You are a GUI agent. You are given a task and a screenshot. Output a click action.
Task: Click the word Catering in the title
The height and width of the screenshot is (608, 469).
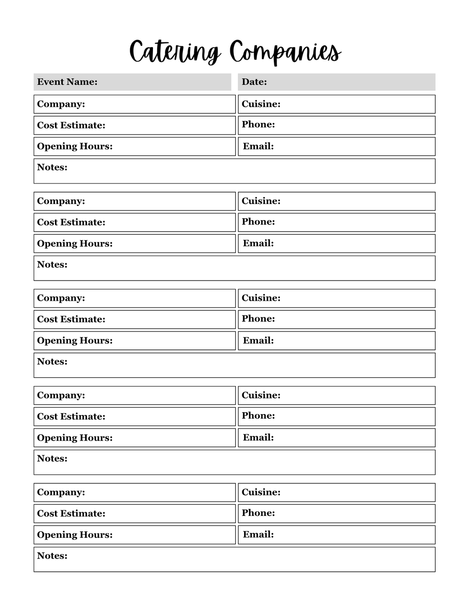click(175, 52)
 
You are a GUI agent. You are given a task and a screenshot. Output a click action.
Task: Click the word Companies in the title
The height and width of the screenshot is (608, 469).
click(285, 52)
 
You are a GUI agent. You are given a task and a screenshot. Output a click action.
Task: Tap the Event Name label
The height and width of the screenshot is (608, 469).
click(67, 82)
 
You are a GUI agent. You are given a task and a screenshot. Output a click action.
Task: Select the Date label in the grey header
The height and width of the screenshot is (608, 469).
click(254, 82)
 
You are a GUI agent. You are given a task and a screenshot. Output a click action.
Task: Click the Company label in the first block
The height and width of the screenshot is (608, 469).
click(61, 104)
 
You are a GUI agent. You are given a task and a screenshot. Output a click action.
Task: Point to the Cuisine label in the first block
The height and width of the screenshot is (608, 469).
click(261, 104)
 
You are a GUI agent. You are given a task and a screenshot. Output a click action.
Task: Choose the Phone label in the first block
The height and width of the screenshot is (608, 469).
click(258, 125)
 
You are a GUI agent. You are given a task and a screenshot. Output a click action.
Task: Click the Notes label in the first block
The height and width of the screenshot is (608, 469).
click(52, 167)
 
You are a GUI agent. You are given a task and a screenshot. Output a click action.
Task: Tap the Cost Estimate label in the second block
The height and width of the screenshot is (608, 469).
click(71, 222)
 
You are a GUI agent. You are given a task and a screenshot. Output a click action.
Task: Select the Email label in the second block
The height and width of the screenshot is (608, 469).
click(258, 243)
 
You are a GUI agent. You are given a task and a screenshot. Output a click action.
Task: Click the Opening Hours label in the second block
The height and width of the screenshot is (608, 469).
click(75, 243)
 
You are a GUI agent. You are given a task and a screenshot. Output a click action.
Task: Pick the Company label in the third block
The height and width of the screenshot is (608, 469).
click(61, 298)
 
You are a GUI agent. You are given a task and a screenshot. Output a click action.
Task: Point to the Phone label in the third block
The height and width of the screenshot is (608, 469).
click(258, 319)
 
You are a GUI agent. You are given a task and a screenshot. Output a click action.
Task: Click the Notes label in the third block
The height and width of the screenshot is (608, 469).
click(52, 362)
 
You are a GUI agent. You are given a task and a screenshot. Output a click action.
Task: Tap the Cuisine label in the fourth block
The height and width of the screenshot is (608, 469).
click(261, 395)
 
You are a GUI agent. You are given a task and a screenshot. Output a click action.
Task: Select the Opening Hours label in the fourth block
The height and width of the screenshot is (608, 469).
click(75, 438)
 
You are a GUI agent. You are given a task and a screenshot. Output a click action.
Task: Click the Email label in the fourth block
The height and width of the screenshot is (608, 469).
click(258, 437)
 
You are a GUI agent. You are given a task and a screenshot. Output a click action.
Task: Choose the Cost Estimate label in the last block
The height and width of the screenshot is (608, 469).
click(71, 514)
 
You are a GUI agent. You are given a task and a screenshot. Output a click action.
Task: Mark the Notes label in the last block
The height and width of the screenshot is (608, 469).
click(52, 556)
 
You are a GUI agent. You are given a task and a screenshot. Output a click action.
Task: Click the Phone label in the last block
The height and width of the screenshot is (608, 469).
click(258, 513)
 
